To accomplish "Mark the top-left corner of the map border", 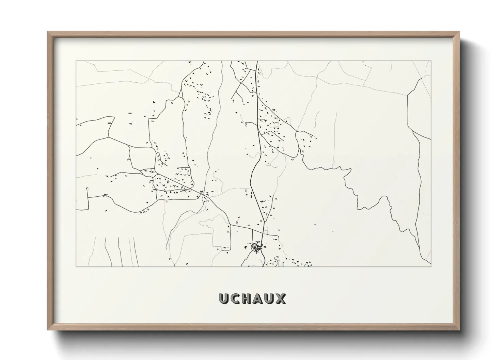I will click(x=76, y=61).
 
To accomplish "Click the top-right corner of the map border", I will click(x=431, y=61).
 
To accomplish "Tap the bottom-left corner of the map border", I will click(x=76, y=266).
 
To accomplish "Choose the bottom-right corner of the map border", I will click(x=431, y=266).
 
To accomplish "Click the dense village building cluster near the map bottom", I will click(x=256, y=247).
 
